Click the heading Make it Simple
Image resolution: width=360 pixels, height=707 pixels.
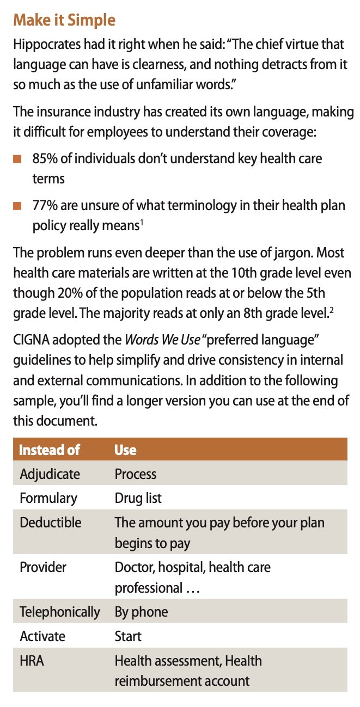coord(64,21)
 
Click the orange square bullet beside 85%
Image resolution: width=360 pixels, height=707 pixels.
coord(17,159)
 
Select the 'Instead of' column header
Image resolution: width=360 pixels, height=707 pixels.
coord(50,450)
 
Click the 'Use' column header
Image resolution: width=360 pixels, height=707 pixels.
coord(125,450)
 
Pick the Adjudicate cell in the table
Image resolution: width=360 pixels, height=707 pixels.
coord(50,474)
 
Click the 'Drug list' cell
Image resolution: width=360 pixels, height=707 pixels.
coord(138,498)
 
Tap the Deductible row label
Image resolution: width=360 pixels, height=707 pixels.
coord(50,522)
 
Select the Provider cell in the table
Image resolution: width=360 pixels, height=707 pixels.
coord(43,567)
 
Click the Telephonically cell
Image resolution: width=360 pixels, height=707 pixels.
coord(60,612)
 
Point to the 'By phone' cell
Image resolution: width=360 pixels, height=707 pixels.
coord(141,612)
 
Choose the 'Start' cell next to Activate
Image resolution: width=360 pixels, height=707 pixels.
coord(128,636)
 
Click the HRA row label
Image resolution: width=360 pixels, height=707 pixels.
coord(32,661)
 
